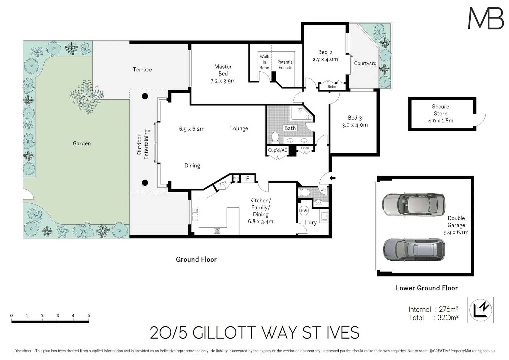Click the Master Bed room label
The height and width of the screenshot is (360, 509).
point(223,70)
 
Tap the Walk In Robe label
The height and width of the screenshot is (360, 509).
point(264,62)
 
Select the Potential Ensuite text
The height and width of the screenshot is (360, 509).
point(285,65)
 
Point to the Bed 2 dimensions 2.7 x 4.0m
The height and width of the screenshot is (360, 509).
point(325,59)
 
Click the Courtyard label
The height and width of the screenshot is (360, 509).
point(365,63)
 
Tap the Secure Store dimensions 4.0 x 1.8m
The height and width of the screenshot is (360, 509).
point(440,121)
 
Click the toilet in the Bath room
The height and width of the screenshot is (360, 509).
point(275,137)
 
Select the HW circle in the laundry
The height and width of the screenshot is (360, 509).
point(304,211)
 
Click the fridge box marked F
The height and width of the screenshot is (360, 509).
point(248,179)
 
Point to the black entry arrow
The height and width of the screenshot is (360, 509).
point(332,178)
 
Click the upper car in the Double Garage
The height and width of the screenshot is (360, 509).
point(414,205)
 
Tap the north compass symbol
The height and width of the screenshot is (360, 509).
point(480,310)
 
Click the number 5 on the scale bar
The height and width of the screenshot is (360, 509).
point(89,315)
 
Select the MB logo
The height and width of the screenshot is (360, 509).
point(486,18)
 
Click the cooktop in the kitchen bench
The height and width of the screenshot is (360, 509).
point(217,231)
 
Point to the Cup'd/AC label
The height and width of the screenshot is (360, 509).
point(278,150)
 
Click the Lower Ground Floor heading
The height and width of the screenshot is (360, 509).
point(426,288)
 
